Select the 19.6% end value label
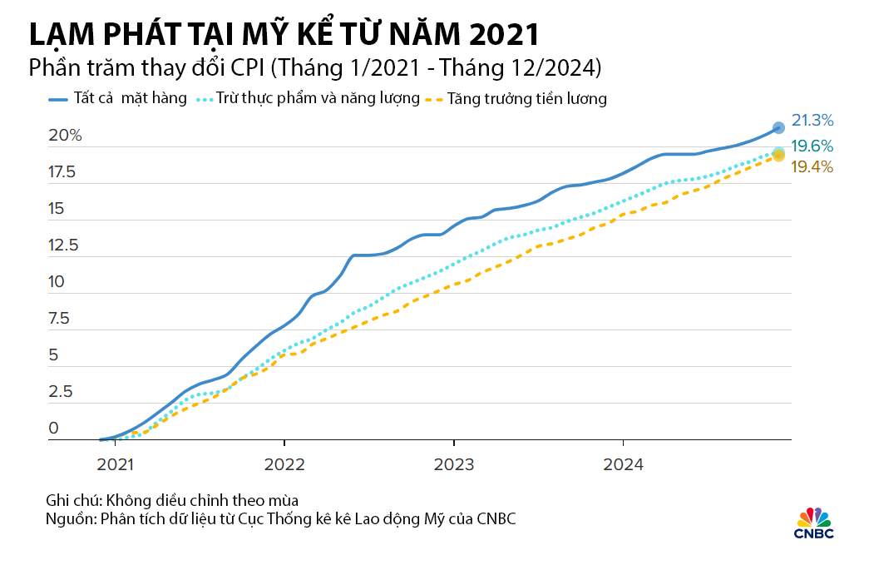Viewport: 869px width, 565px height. coord(812,146)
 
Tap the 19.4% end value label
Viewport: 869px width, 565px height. coord(812,167)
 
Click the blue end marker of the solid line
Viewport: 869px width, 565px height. coord(778,128)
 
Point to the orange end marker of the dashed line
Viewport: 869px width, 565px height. coord(778,156)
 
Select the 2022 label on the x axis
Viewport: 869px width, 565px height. coord(284,464)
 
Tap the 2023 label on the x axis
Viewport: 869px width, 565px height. coord(454,464)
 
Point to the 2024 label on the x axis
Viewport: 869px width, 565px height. coord(623,464)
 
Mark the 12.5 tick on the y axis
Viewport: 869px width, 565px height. coord(63,245)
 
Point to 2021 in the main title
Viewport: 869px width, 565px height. coord(504,34)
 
